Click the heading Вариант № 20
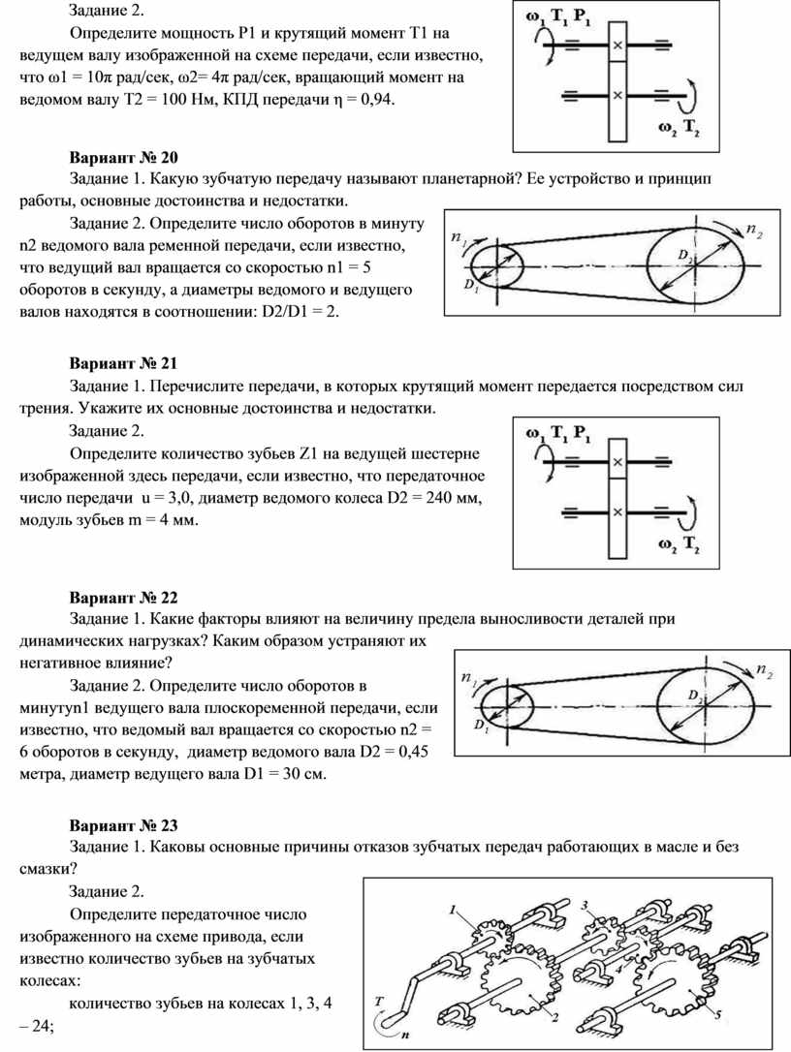(124, 158)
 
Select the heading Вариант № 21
(124, 364)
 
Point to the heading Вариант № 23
(124, 825)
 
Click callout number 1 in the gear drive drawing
(452, 910)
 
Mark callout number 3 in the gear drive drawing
(585, 903)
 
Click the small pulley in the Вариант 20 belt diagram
(496, 263)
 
